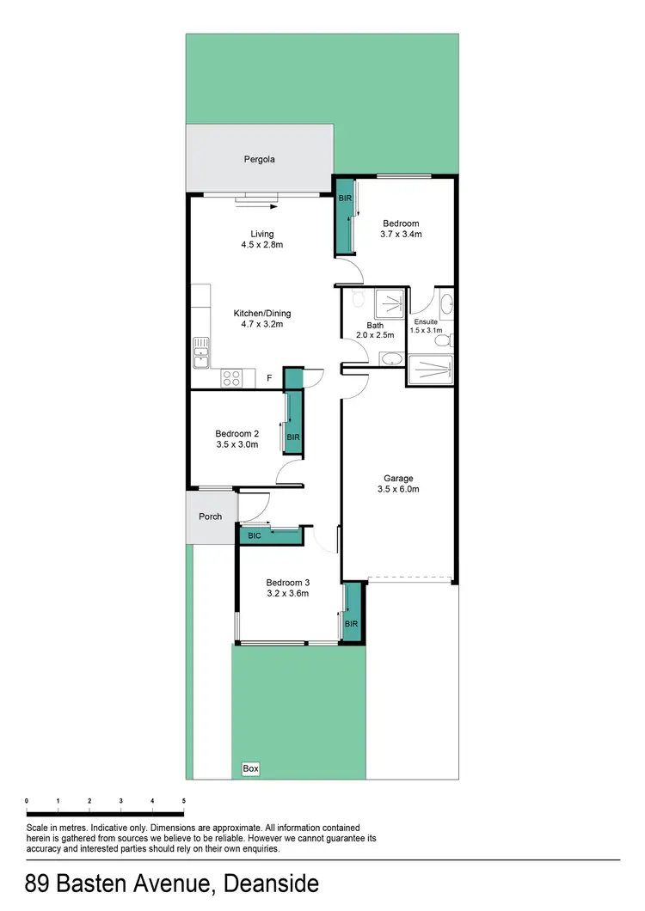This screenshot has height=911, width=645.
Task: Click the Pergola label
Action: point(259,159)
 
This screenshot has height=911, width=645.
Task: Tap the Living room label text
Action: point(261,233)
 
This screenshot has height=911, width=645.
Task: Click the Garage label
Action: point(399,478)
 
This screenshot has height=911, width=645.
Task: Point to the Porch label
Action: point(211,517)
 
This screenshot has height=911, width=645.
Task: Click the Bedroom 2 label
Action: point(236,432)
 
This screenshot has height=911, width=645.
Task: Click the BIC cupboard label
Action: point(254,535)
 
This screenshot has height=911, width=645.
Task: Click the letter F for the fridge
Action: point(268,378)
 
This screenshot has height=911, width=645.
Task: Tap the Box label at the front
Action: point(250,768)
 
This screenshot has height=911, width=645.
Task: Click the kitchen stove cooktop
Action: point(232,376)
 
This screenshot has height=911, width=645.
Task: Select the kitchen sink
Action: point(201,352)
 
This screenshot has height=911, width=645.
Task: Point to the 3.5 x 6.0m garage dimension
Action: point(399,489)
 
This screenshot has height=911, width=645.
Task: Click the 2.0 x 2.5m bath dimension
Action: point(375,335)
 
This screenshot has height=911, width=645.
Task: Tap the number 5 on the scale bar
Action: point(183,800)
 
